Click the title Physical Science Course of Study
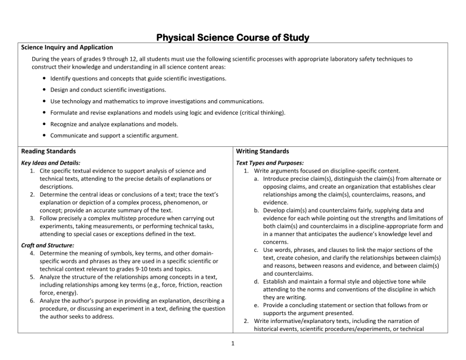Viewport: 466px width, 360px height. pos(232,38)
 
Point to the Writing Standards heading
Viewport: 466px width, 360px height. pos(264,151)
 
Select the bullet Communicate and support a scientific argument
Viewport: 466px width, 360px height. pos(114,135)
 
